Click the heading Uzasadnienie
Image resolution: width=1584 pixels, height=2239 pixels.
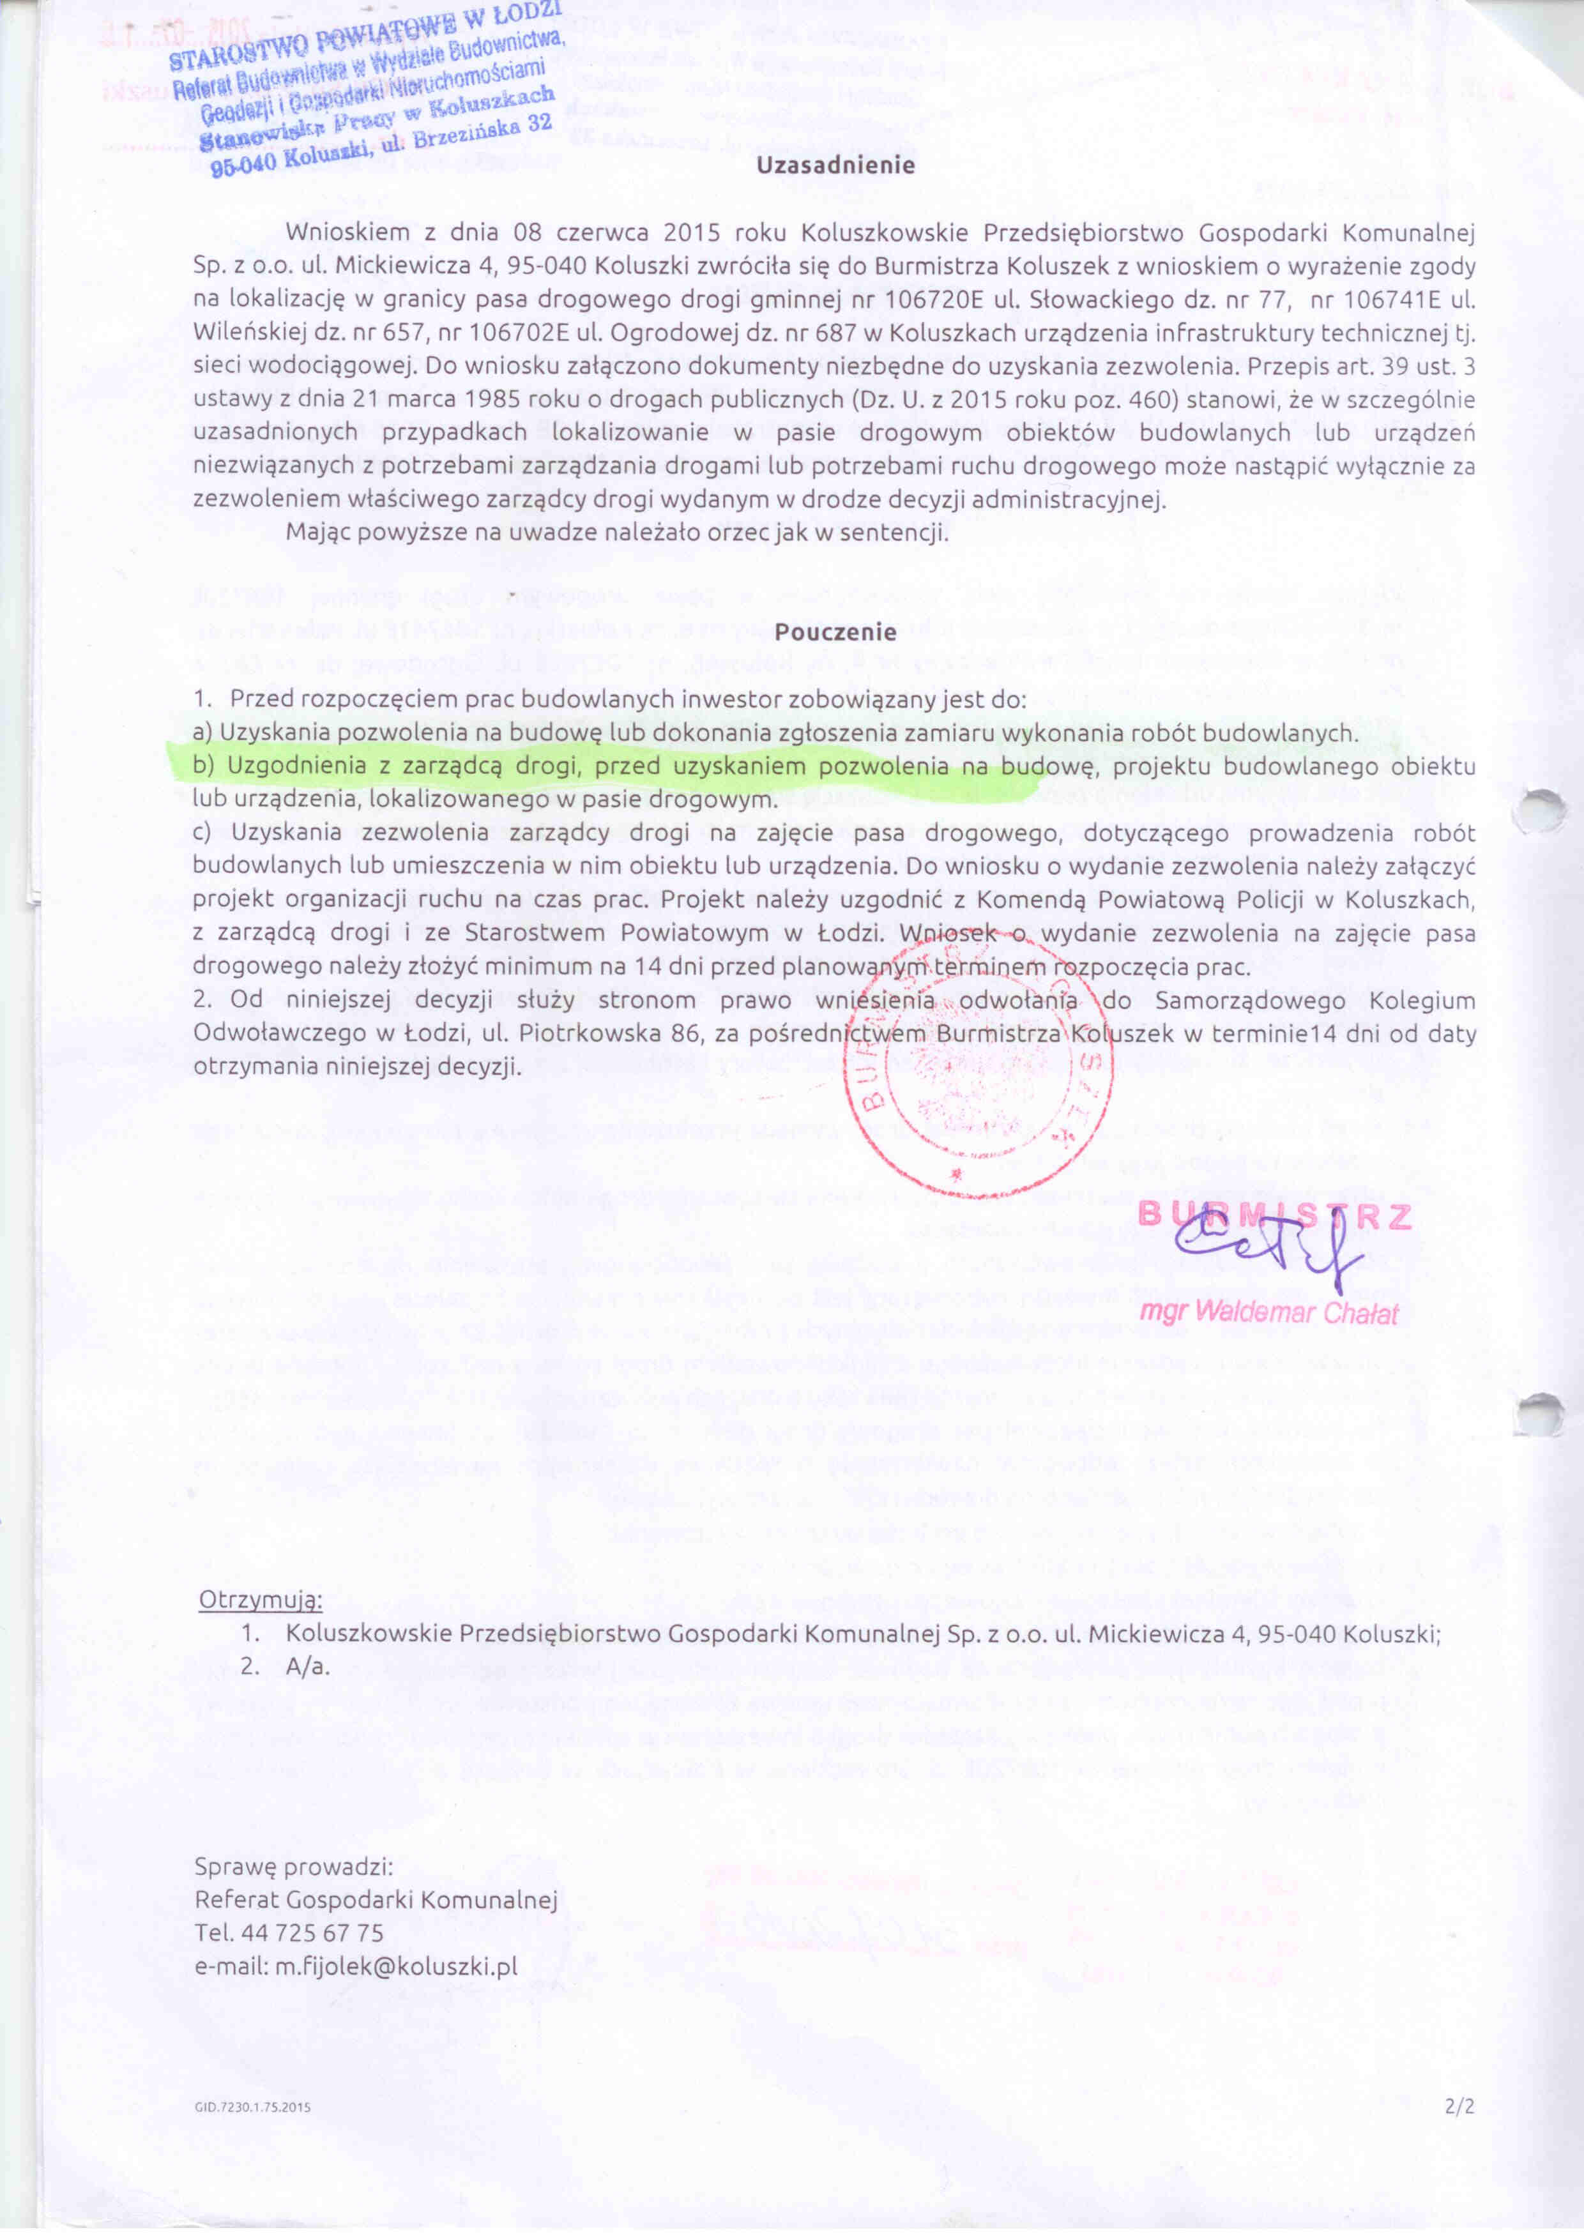coord(836,165)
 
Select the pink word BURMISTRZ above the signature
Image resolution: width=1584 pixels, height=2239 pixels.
coord(1275,1215)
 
